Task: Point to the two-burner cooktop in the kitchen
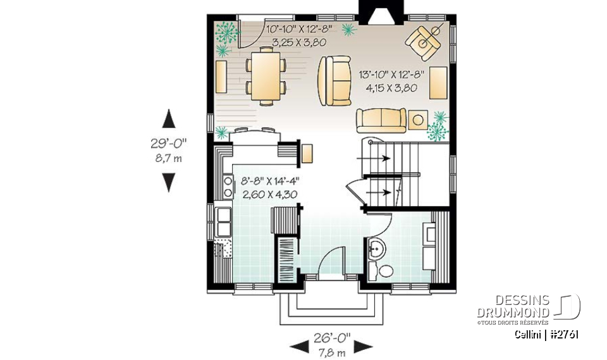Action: point(228,185)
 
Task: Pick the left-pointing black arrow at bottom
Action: point(300,346)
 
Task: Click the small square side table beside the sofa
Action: point(417,118)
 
